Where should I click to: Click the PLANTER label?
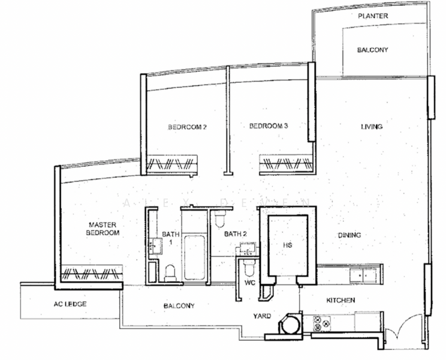coord(373,16)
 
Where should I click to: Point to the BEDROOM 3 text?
coord(269,126)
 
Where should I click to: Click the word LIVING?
coord(371,127)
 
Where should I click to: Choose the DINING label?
coord(349,235)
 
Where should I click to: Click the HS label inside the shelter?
coord(287,245)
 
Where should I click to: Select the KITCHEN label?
coord(341,299)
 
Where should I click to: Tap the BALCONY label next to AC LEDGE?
coord(179,306)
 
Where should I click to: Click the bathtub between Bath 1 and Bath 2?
coord(195,259)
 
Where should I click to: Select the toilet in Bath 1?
coord(170,272)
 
